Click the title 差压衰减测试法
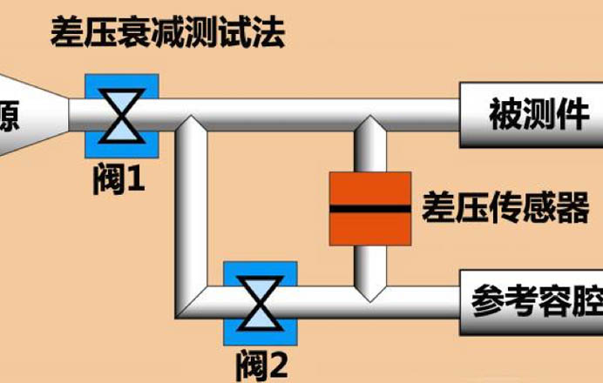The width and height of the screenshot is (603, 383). tap(168, 36)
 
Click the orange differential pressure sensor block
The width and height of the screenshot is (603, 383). tap(369, 209)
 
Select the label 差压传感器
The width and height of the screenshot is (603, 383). tap(505, 209)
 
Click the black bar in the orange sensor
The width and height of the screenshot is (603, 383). tap(369, 209)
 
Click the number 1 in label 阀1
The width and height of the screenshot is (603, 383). tap(136, 181)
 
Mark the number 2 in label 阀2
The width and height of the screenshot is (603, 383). tap(278, 365)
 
